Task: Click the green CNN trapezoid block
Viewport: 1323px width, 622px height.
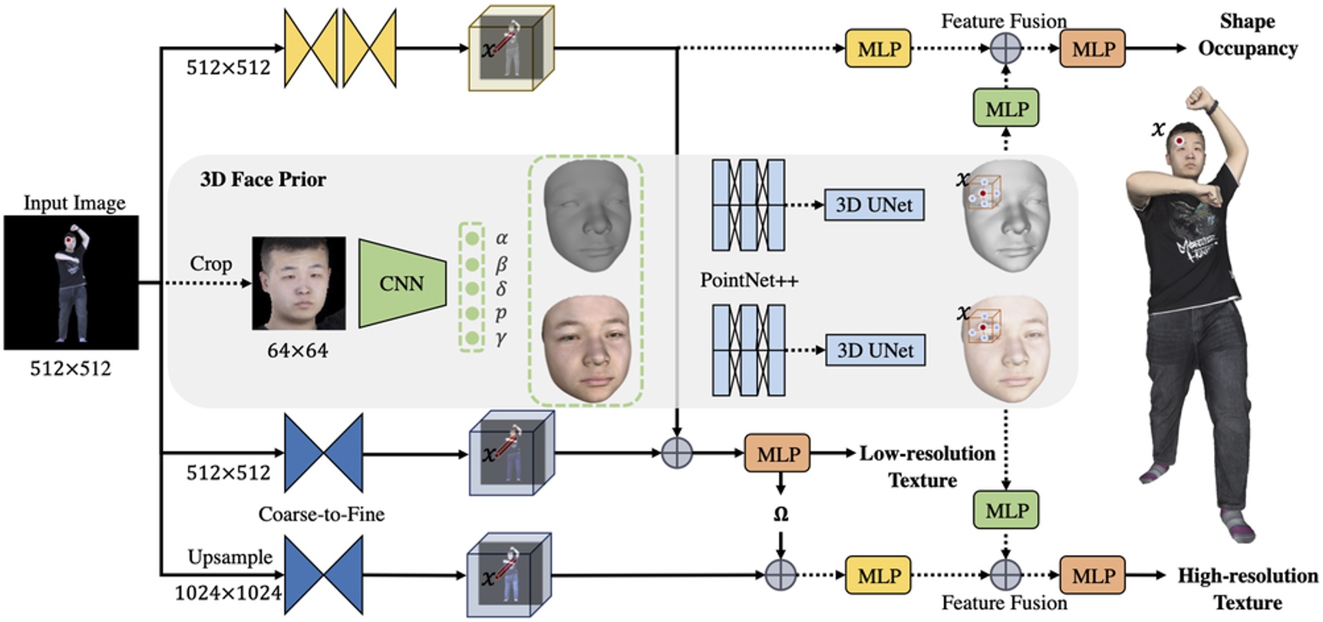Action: (401, 284)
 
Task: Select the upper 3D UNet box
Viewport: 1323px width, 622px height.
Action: (873, 205)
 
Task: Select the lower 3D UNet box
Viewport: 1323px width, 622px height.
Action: (874, 350)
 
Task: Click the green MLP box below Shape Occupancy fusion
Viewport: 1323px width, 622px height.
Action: (1006, 109)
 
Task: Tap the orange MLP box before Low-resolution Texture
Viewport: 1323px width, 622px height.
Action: (777, 454)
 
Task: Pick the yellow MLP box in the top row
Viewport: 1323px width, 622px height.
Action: (878, 49)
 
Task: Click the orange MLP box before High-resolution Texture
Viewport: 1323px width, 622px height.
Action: (1093, 575)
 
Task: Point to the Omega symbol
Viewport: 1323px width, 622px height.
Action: (780, 515)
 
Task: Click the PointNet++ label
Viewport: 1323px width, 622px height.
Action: (749, 281)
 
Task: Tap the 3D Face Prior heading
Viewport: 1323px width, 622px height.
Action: (262, 179)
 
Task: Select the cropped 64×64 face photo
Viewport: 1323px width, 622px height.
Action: (299, 284)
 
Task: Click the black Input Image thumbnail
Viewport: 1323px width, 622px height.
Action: (71, 282)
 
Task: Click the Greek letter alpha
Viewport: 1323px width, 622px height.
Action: (502, 239)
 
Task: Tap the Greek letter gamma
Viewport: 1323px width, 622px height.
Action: (501, 337)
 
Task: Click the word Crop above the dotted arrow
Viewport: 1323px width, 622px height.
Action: (210, 264)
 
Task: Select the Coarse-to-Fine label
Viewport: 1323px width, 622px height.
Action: (321, 514)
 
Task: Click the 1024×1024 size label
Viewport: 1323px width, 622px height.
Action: (228, 593)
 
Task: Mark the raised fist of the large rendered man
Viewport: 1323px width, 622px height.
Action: (1199, 98)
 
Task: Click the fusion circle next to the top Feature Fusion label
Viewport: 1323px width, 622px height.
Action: (1005, 49)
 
